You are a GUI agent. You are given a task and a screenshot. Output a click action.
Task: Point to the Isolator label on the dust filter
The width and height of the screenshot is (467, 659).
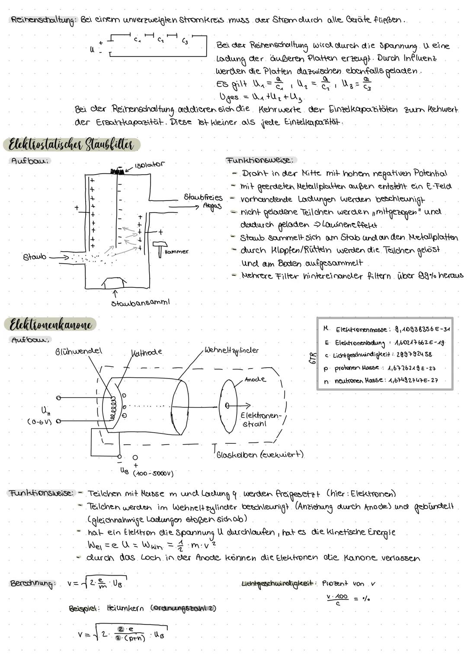[149, 165]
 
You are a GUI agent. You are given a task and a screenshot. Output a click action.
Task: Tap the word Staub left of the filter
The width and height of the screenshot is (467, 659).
[35, 257]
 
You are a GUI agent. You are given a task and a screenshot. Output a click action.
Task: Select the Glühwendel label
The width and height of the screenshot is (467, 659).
[79, 351]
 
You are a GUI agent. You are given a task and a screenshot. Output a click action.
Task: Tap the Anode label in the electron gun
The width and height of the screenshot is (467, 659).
[255, 379]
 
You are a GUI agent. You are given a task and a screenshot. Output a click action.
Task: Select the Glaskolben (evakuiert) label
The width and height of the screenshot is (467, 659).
[259, 455]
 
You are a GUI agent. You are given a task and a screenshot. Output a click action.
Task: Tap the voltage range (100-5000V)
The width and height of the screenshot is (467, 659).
[154, 473]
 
